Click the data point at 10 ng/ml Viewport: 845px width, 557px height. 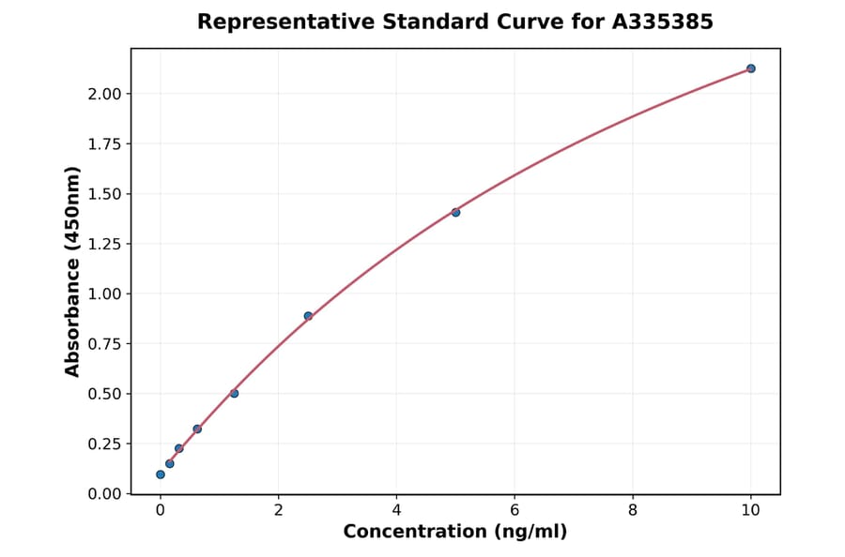[x=751, y=68]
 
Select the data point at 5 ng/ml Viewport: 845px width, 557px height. [x=455, y=212]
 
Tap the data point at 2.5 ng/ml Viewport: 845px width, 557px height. [x=308, y=316]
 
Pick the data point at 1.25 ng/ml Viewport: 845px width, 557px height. [x=234, y=393]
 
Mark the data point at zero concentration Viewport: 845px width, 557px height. [x=161, y=474]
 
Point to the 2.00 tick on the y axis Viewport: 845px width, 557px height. [x=105, y=94]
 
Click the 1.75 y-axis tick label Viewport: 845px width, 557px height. [x=105, y=143]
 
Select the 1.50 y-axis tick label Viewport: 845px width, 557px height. [x=105, y=194]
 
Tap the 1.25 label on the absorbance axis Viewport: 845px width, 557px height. [x=105, y=244]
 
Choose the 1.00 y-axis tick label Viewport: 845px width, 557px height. [x=105, y=294]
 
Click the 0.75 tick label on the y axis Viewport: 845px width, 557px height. [x=105, y=344]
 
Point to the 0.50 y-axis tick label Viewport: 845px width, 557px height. [x=105, y=394]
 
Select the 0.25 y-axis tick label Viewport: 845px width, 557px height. [x=105, y=444]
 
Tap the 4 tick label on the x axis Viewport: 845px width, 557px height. [x=396, y=510]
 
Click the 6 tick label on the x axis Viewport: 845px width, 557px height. [x=515, y=510]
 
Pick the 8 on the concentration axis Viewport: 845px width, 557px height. [x=633, y=510]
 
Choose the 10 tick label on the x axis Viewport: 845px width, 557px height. [x=751, y=510]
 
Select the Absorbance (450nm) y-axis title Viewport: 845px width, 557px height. [x=72, y=271]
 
